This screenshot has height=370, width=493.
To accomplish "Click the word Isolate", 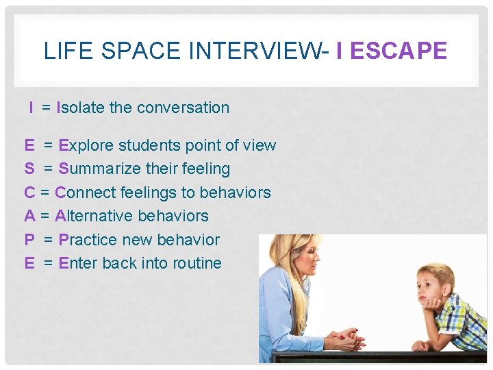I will tap(80, 108).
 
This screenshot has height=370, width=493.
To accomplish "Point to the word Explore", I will tap(86, 145).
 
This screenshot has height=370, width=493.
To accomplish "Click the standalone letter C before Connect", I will tap(29, 193).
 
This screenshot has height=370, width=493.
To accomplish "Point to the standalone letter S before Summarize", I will tap(29, 169).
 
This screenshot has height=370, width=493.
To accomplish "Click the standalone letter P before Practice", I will tap(29, 240).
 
